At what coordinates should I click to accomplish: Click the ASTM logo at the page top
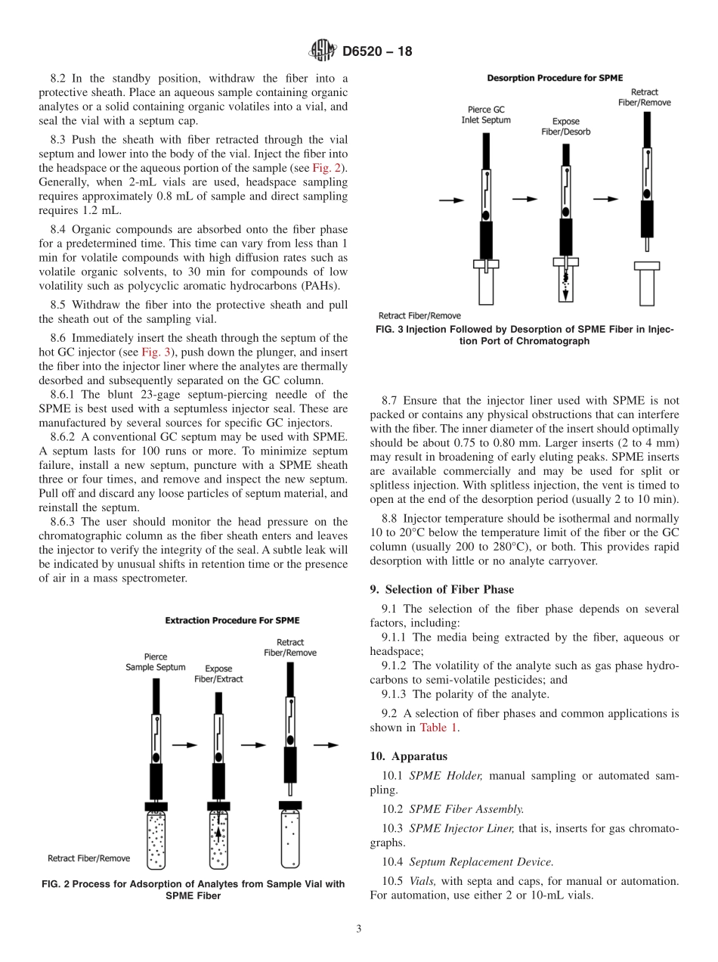(323, 51)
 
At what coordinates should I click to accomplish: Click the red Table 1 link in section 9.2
(438, 728)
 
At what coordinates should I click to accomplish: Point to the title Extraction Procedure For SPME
(232, 620)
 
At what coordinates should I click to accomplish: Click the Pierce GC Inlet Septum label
(486, 114)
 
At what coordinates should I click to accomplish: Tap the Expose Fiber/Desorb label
(565, 126)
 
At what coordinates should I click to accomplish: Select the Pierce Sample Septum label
(156, 662)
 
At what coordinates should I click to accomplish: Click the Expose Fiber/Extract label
(219, 674)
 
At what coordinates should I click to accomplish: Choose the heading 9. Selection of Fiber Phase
(441, 589)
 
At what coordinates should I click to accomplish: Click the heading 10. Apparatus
(408, 756)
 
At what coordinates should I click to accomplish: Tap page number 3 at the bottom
(359, 929)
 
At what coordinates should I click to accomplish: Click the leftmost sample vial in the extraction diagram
(156, 839)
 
